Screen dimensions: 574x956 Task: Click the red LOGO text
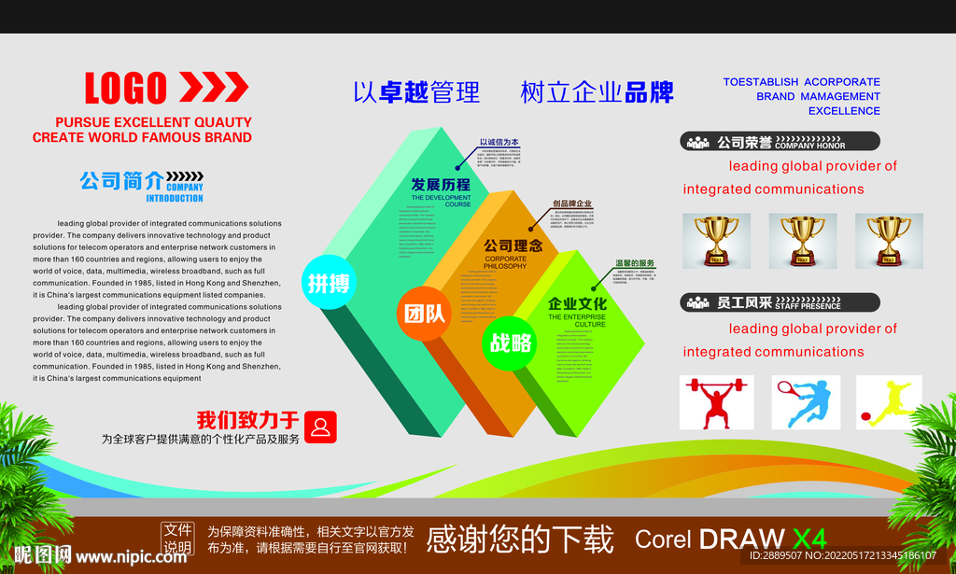click(x=125, y=89)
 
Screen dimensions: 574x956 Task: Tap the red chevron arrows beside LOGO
click(x=214, y=88)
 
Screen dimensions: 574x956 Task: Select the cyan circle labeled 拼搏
click(x=328, y=283)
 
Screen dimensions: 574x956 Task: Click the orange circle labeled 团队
click(x=423, y=315)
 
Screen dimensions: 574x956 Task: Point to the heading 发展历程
click(x=441, y=185)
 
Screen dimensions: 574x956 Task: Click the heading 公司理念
click(x=512, y=246)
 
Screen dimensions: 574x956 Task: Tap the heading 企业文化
click(x=577, y=303)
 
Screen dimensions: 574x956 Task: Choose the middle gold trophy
click(x=802, y=240)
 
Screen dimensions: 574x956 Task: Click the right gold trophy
click(x=888, y=240)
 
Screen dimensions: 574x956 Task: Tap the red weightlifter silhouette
click(x=715, y=402)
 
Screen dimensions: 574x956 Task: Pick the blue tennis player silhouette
click(x=806, y=402)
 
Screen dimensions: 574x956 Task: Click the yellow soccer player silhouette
click(x=889, y=402)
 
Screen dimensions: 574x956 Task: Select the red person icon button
click(x=320, y=427)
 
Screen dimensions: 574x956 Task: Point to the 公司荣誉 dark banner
click(x=780, y=142)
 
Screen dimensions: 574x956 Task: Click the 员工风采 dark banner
click(x=780, y=302)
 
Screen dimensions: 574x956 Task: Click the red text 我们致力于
click(x=247, y=420)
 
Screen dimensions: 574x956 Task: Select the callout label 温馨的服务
click(x=635, y=264)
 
